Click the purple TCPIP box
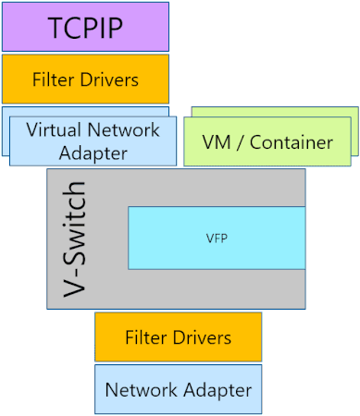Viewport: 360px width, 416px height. coord(85,27)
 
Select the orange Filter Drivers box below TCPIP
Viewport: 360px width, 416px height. coord(85,80)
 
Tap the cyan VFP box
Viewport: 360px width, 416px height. coord(216,238)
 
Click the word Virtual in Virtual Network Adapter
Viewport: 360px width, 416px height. coord(57,129)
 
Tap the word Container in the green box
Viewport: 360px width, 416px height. coord(293,142)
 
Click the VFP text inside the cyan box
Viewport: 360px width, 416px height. coord(216,238)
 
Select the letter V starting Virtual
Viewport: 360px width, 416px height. coord(31,129)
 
